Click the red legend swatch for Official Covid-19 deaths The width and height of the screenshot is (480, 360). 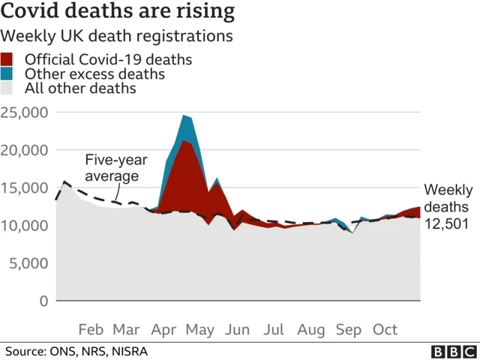7,59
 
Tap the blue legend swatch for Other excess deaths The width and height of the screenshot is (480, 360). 7,74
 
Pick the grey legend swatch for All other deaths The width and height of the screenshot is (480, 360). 7,88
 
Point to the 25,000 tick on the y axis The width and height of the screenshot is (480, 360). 25,112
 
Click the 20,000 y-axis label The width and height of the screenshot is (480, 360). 25,150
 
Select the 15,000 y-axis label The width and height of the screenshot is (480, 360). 25,188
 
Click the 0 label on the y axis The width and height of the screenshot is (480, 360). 43,301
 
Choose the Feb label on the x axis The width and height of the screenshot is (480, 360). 91,330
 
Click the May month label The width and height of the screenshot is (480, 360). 200,330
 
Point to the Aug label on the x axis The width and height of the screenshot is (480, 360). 311,330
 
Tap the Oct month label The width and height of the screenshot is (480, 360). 385,330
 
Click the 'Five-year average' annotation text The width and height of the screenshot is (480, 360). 112,168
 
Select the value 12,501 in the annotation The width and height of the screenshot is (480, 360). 448,223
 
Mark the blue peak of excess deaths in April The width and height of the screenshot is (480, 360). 184,116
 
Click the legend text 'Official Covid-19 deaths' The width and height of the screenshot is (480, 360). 108,59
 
